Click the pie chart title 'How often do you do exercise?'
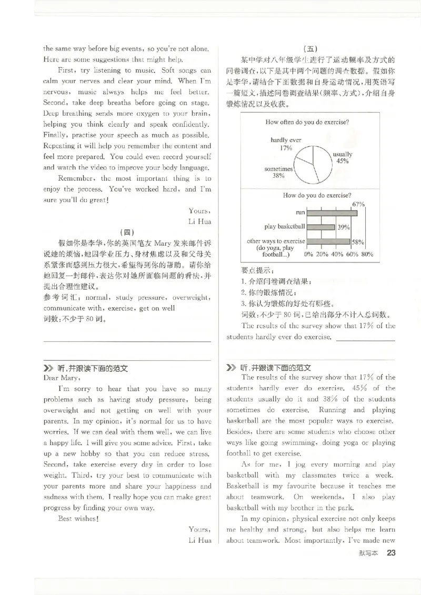coord(307,122)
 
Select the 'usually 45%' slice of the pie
coord(321,158)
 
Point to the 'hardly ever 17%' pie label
coord(286,144)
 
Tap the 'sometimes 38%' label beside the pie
coord(278,173)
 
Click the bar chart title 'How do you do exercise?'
coord(317,195)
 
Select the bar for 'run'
coord(332,213)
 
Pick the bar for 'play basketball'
coord(320,227)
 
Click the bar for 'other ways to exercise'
coord(328,242)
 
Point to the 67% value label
coord(358,204)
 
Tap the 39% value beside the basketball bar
coord(344,227)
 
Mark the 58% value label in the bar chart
coord(358,243)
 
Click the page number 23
coord(391,552)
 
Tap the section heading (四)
coord(127,232)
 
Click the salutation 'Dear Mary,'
coord(61,377)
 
